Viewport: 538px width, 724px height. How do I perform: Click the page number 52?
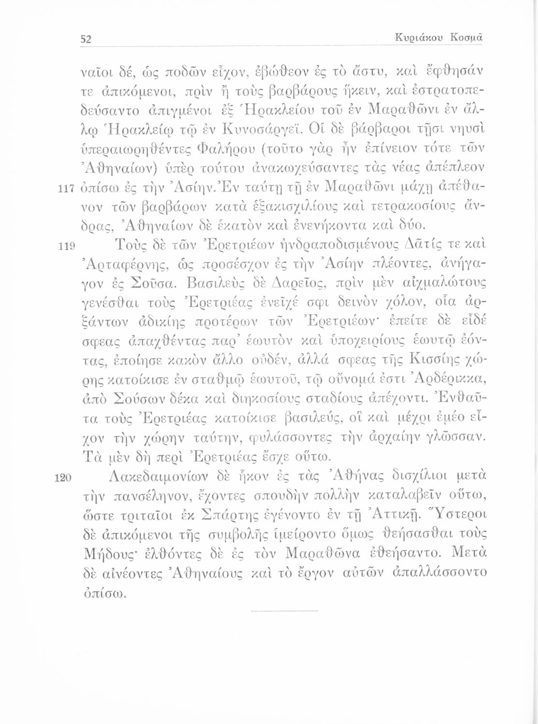pyautogui.click(x=86, y=39)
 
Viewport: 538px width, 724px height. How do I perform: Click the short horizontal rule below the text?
pyautogui.click(x=285, y=611)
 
